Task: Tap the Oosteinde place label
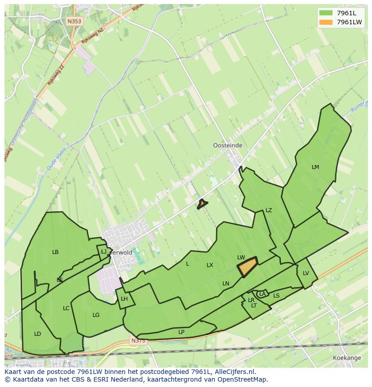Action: pos(227,145)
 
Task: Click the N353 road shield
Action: pos(74,21)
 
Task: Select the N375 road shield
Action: pos(138,341)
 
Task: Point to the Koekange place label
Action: pos(347,358)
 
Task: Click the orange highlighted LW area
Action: pos(247,268)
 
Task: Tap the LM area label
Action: pos(315,167)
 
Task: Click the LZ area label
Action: pos(269,210)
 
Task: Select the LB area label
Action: pos(55,252)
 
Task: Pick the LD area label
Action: pos(38,334)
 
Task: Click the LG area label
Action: pos(96,315)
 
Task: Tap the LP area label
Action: pos(181,332)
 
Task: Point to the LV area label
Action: pos(306,273)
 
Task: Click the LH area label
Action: pos(124,299)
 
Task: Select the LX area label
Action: pos(210,265)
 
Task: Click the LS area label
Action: pos(276,296)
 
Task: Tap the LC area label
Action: pos(66,308)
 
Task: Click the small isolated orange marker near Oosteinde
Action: pos(202,204)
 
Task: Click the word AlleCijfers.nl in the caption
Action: pos(233,372)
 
